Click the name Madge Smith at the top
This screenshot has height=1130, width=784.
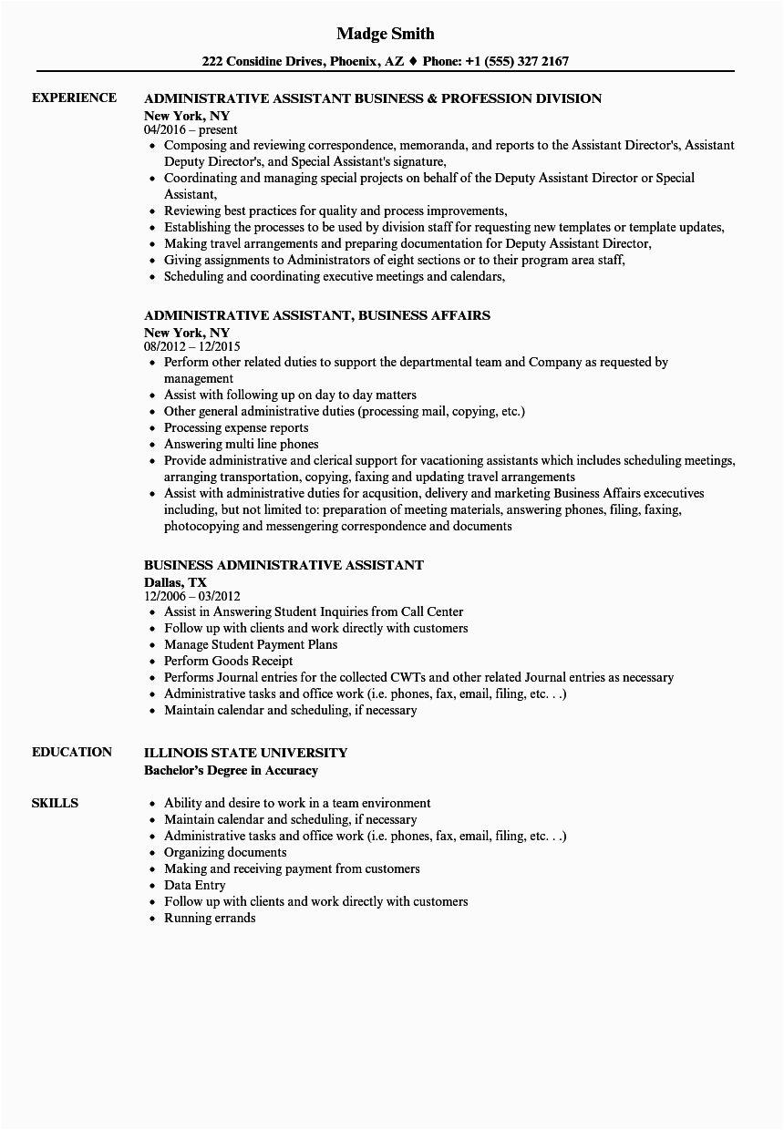[x=386, y=34]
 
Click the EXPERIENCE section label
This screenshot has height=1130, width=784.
[x=74, y=98]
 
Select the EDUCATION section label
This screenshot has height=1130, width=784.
[x=72, y=752]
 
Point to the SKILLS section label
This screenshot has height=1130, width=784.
[x=55, y=803]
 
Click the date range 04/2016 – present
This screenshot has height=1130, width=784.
[x=191, y=130]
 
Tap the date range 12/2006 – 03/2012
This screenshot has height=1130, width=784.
[x=191, y=597]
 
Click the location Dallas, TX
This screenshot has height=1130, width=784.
[x=175, y=581]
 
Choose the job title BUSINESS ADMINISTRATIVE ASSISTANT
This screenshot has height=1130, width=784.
[x=284, y=565]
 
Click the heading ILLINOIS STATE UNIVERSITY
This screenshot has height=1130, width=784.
[x=245, y=753]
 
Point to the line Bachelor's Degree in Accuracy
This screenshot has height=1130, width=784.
[x=231, y=770]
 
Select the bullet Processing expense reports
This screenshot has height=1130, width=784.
[x=236, y=427]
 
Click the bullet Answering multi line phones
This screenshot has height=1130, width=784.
[x=241, y=444]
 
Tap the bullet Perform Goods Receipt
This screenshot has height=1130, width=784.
[x=228, y=661]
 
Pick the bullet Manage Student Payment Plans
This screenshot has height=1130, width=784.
[x=250, y=644]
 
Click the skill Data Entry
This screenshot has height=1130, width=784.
[x=194, y=885]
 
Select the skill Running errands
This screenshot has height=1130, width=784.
[x=210, y=918]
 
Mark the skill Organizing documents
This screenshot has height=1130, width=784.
[x=225, y=852]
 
